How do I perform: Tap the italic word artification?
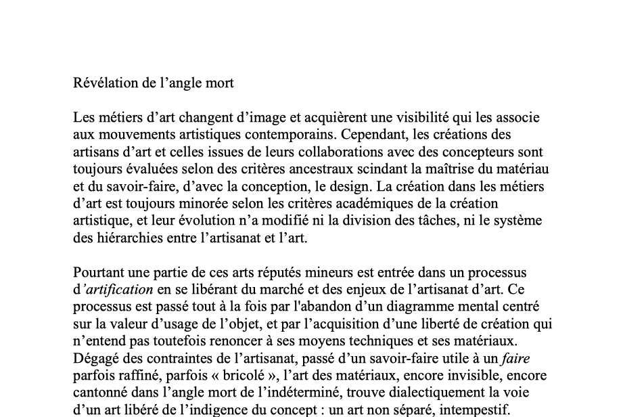tap(118, 290)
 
